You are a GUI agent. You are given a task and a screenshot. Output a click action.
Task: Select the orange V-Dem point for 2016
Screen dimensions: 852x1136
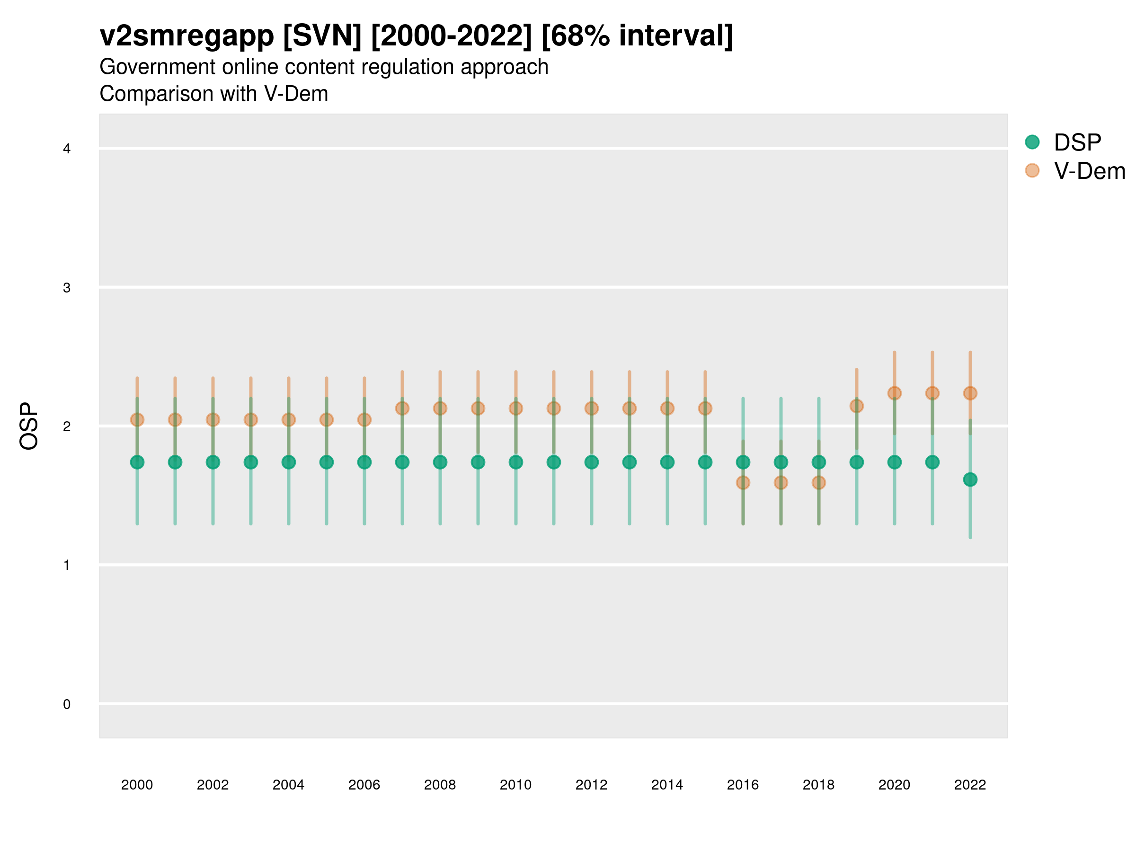(x=743, y=483)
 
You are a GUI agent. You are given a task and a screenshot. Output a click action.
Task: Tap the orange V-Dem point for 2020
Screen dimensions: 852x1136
(x=895, y=393)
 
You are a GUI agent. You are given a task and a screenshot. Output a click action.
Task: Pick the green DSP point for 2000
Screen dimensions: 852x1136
(x=137, y=462)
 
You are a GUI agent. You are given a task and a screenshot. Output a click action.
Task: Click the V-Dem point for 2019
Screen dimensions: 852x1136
(x=857, y=406)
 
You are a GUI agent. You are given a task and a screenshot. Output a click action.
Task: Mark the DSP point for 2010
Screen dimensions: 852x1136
(x=516, y=462)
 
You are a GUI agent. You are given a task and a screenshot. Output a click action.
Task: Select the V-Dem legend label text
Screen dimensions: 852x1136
(x=1089, y=171)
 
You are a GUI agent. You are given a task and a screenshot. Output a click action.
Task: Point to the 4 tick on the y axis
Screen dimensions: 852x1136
(x=67, y=149)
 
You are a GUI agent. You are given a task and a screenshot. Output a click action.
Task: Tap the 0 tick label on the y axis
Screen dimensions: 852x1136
(x=67, y=704)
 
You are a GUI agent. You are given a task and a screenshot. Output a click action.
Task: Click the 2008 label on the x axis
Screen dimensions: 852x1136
(x=440, y=785)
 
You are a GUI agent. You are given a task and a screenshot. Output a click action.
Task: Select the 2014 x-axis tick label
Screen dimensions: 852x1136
(x=667, y=785)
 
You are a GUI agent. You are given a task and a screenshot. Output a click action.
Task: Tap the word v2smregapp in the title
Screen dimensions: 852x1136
(x=187, y=36)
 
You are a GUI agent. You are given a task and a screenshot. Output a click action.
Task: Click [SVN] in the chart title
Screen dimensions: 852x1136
(x=322, y=36)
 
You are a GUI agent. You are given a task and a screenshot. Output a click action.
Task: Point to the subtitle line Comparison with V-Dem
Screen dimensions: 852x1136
(x=213, y=94)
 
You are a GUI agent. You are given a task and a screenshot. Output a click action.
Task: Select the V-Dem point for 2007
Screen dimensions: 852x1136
(x=402, y=409)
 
